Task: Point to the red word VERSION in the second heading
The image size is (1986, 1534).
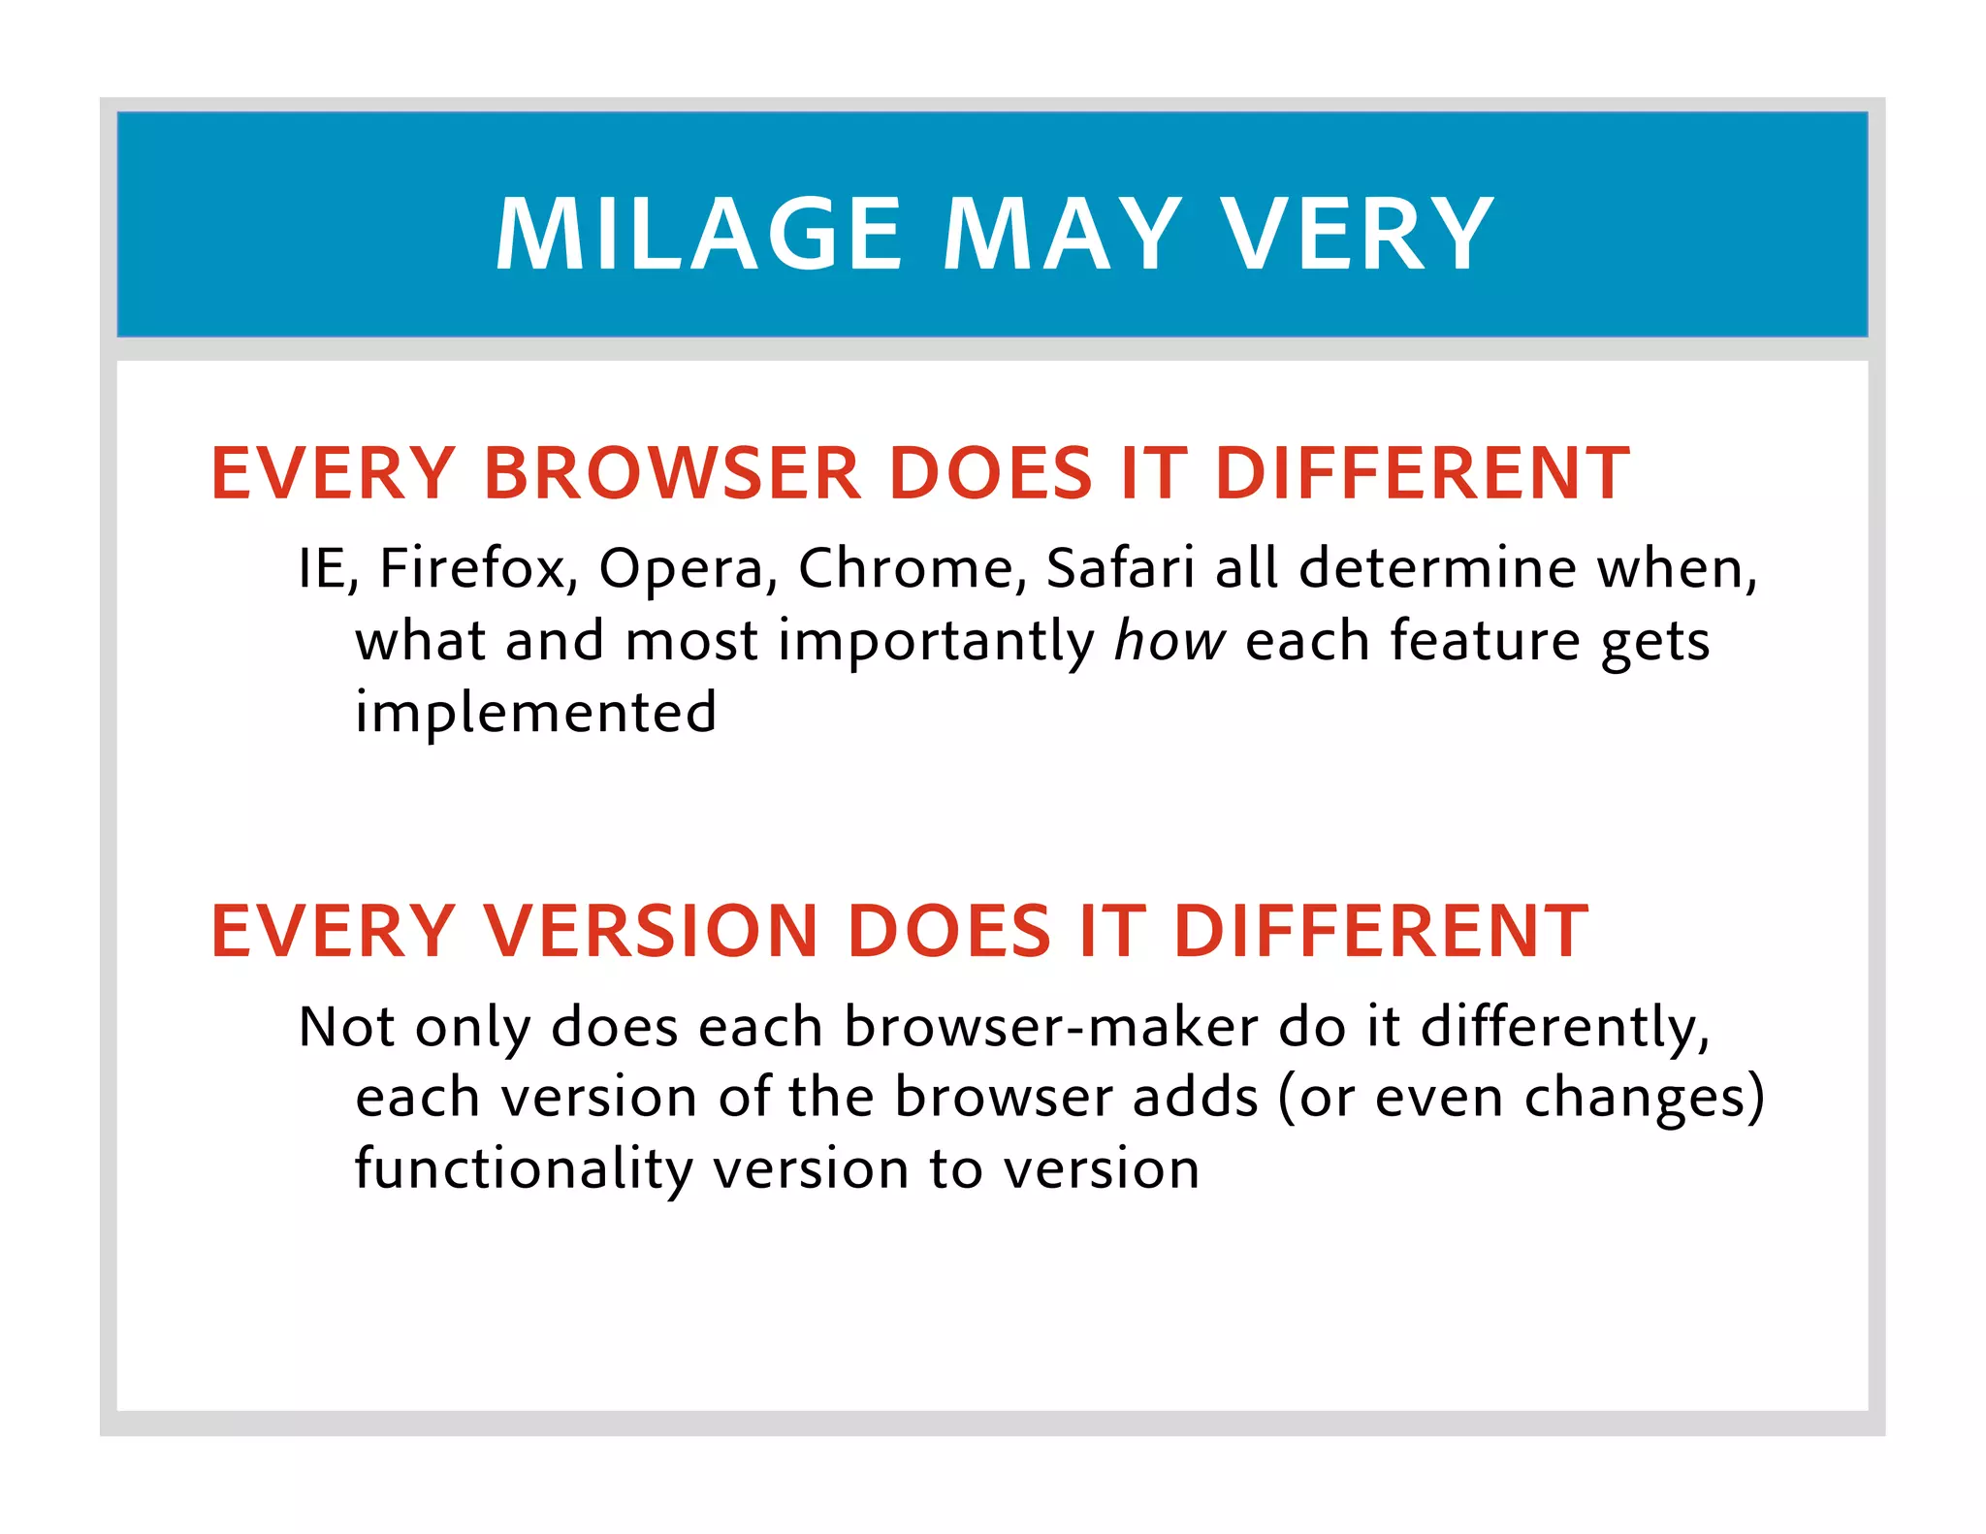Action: (652, 931)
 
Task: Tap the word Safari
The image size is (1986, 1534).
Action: (1121, 568)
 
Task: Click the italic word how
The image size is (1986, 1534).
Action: (1169, 641)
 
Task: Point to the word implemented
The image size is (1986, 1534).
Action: (536, 714)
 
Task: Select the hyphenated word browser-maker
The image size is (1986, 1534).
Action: (1051, 1027)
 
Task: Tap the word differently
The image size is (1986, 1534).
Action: (1563, 1028)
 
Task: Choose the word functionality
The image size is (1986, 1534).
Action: (524, 1169)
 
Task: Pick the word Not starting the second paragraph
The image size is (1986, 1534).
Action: (347, 1027)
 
